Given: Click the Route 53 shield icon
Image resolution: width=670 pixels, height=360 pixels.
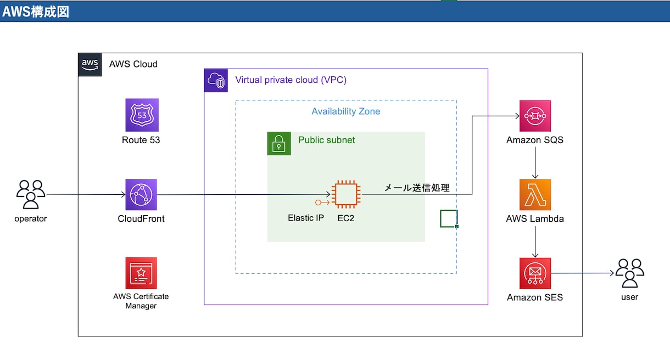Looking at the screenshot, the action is [x=142, y=115].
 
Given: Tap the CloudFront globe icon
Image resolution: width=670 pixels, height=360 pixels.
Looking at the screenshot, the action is [x=141, y=195].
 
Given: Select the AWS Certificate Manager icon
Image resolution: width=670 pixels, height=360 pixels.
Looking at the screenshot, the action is [x=141, y=273].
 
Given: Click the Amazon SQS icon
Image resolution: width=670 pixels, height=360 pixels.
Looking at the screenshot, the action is [x=535, y=116].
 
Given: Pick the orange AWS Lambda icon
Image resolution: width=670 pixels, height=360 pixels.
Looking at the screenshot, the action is [x=535, y=195].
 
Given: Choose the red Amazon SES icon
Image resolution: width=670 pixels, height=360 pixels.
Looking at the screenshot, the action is [x=535, y=273].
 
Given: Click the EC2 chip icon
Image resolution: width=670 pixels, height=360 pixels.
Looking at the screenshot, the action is [x=346, y=194].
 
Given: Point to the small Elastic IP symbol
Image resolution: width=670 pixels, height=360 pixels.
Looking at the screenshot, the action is [x=322, y=203].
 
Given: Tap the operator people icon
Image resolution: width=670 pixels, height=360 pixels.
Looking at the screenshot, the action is [x=31, y=194].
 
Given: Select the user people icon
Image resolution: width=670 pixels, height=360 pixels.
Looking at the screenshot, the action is [x=629, y=273].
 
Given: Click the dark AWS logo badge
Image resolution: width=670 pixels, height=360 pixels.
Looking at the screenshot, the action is [x=90, y=65].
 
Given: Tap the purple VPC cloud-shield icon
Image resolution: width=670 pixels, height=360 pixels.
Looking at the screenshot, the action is [x=216, y=81].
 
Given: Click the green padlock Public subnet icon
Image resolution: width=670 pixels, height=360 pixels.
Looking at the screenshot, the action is [x=279, y=144].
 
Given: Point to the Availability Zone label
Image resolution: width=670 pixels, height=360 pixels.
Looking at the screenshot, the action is [x=346, y=111].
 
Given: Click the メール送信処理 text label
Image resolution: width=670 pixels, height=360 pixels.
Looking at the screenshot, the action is [x=417, y=188].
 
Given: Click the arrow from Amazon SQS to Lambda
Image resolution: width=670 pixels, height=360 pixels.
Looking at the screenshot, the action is [x=535, y=163].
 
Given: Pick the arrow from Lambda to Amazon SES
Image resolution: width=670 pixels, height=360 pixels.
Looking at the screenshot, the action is [x=535, y=242].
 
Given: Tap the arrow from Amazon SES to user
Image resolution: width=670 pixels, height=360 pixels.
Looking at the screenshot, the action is [x=582, y=273].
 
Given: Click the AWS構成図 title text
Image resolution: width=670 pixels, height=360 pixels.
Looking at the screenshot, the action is [x=36, y=12].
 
